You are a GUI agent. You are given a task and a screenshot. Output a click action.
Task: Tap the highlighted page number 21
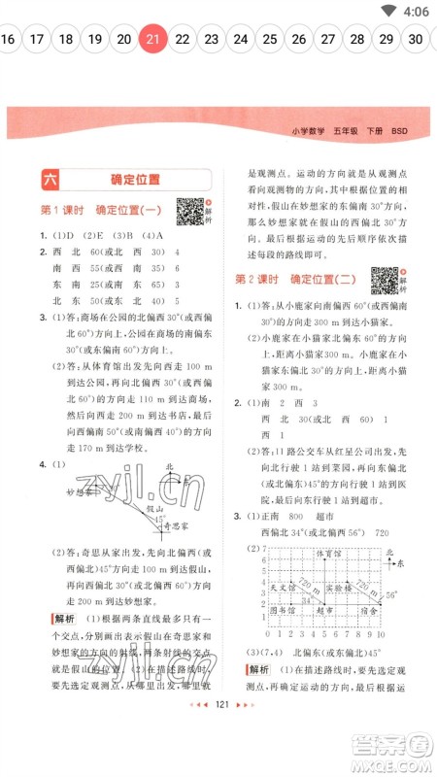tap(152, 39)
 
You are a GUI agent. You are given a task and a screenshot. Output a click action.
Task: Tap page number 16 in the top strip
tap(9, 39)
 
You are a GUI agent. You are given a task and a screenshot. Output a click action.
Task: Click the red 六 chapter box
tap(50, 180)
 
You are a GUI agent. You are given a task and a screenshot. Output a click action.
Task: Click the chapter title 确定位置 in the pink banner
tap(135, 180)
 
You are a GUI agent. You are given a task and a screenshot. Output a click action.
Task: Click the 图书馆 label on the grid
tap(284, 613)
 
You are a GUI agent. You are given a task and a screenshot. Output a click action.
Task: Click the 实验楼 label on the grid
tap(337, 588)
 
